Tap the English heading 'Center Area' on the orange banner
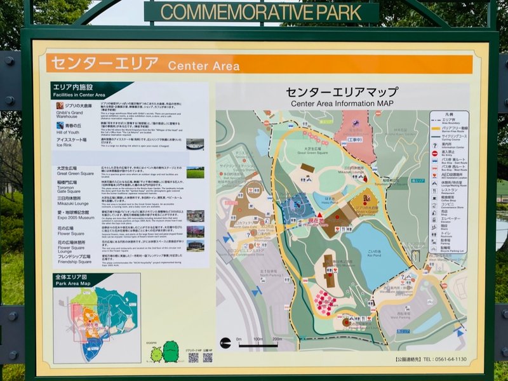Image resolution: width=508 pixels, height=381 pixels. (x=203, y=65)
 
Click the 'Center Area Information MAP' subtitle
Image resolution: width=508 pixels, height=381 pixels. (x=342, y=104)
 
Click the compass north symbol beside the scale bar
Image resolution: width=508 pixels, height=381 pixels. (x=225, y=343)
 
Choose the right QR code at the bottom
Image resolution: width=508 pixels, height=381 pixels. (x=208, y=358)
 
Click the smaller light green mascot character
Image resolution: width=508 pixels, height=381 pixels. (x=156, y=354)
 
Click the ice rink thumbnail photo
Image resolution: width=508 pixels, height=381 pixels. (x=195, y=144)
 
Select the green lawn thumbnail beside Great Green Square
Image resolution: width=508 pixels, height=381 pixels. (x=195, y=173)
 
